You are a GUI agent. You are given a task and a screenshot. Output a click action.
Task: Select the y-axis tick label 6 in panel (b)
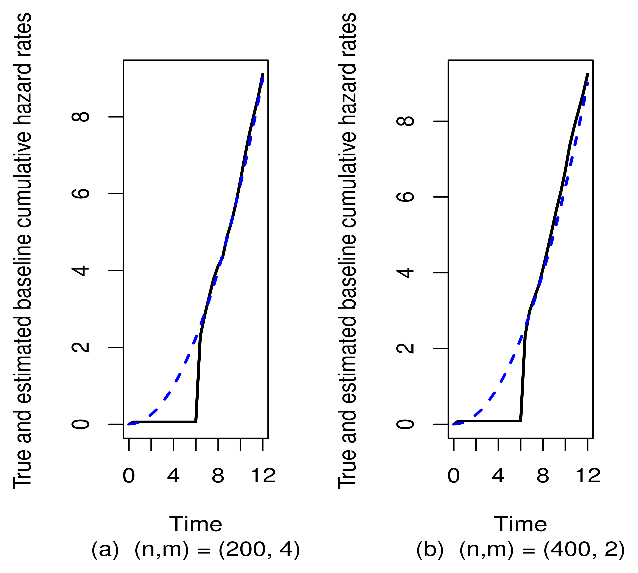[406, 197]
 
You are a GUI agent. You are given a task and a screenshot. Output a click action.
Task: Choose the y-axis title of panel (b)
[347, 250]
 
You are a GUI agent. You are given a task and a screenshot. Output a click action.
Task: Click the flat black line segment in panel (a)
[164, 422]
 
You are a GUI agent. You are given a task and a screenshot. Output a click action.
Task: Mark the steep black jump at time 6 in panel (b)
[523, 378]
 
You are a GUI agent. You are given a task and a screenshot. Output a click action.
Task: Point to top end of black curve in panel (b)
[587, 75]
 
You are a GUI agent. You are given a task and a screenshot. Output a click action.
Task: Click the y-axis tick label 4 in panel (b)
[406, 273]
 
